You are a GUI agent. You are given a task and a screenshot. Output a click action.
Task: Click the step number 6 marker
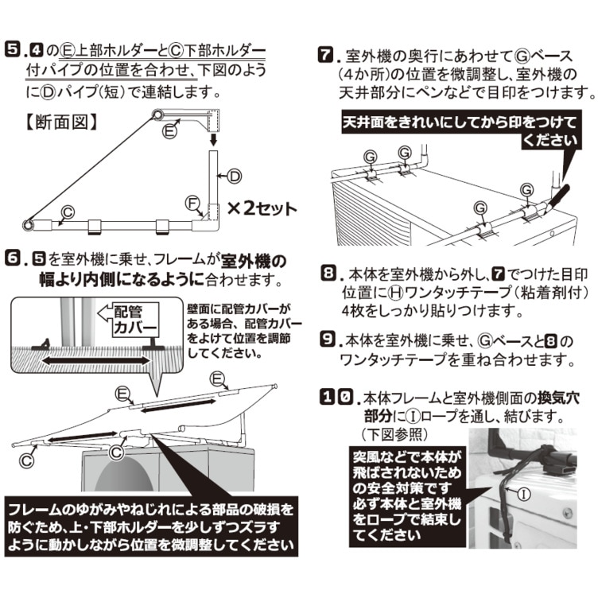[14, 260]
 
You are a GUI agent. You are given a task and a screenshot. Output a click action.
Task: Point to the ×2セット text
[263, 209]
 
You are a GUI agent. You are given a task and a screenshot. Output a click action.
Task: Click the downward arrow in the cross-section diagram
[212, 140]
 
